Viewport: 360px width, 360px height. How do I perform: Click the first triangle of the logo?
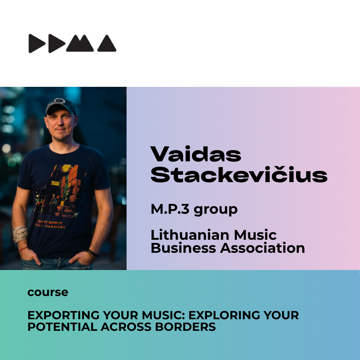pyautogui.click(x=36, y=44)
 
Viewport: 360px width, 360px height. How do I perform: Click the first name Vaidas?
pyautogui.click(x=195, y=154)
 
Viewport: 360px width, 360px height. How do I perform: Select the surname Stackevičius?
pyautogui.click(x=239, y=174)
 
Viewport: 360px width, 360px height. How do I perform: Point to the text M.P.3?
pyautogui.click(x=170, y=209)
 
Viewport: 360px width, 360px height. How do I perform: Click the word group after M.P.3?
pyautogui.click(x=216, y=210)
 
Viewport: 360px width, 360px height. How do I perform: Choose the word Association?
pyautogui.click(x=262, y=248)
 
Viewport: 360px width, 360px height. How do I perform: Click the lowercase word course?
pyautogui.click(x=48, y=292)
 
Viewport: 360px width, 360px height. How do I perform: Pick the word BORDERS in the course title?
pyautogui.click(x=186, y=327)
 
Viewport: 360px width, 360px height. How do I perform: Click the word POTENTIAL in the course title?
pyautogui.click(x=63, y=327)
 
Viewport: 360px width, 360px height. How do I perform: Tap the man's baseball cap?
pyautogui.click(x=60, y=106)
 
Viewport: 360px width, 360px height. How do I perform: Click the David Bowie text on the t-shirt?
pyautogui.click(x=51, y=224)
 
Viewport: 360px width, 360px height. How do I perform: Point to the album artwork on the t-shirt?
pyautogui.click(x=60, y=191)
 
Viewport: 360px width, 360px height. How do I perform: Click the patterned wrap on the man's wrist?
pyautogui.click(x=20, y=234)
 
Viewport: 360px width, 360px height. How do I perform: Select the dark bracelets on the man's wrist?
pyautogui.click(x=92, y=253)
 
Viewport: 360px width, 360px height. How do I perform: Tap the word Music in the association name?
pyautogui.click(x=255, y=235)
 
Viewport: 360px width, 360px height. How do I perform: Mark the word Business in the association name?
pyautogui.click(x=183, y=248)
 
